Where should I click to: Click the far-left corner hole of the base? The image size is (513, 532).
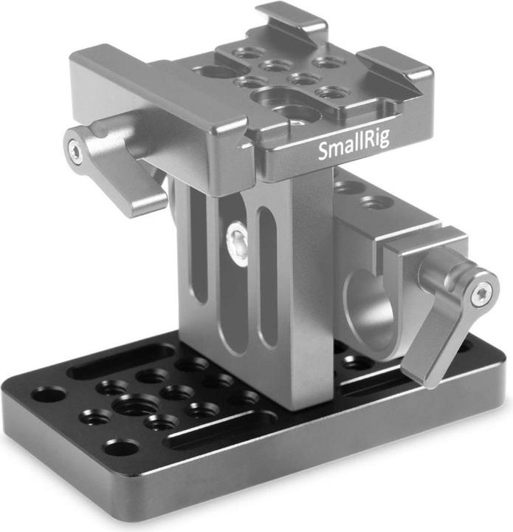49,394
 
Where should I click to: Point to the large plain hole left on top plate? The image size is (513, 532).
213,73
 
